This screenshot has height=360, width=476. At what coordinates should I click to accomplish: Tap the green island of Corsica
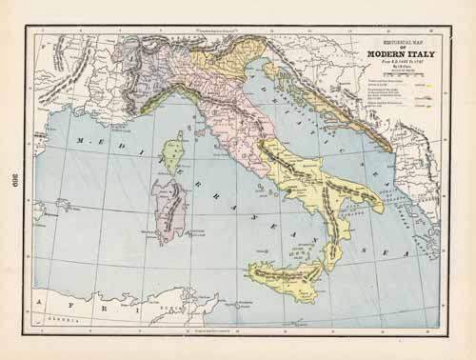173,151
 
